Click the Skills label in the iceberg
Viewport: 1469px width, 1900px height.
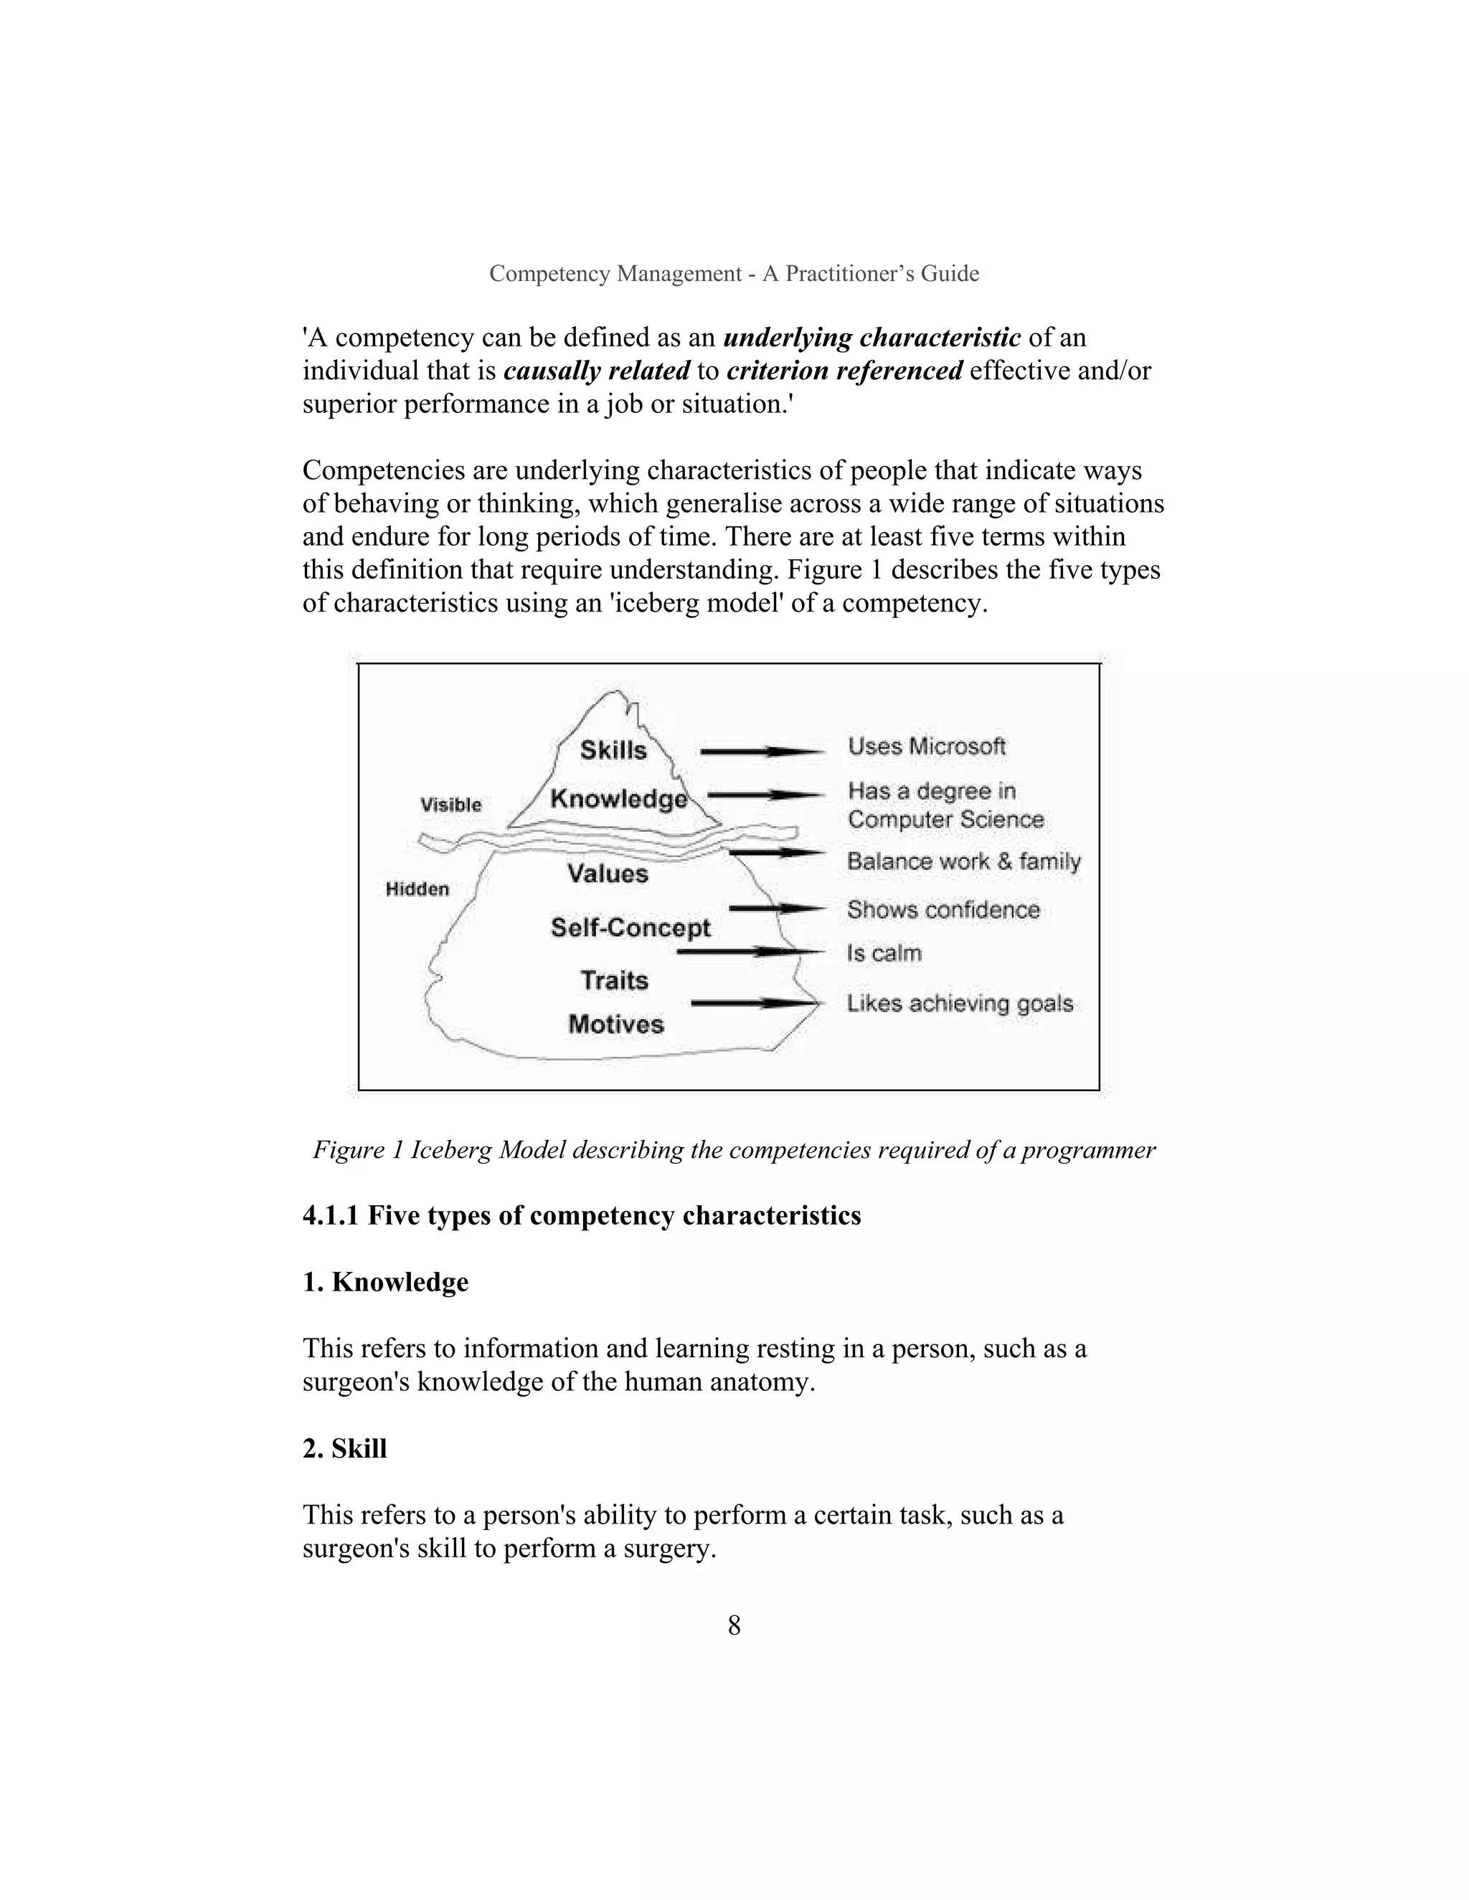tap(613, 750)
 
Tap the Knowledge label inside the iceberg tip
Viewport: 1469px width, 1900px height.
tap(618, 799)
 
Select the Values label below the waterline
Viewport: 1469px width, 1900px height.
tap(608, 873)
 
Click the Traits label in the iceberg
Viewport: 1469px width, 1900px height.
tap(615, 980)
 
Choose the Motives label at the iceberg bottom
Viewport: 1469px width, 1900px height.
tap(616, 1024)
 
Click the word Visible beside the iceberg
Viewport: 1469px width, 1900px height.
tap(450, 804)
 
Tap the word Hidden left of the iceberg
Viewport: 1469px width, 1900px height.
tap(417, 889)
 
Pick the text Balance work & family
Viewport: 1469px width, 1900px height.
tap(963, 861)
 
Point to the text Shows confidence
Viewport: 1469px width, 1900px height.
tap(943, 910)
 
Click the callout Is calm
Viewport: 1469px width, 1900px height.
tap(884, 954)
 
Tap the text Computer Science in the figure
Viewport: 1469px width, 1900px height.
tap(945, 820)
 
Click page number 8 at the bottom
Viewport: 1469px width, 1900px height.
tap(734, 1625)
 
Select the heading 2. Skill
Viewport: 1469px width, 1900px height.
tap(344, 1448)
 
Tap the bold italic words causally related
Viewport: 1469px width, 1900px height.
tap(596, 371)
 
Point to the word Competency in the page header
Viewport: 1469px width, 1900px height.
tap(550, 273)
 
